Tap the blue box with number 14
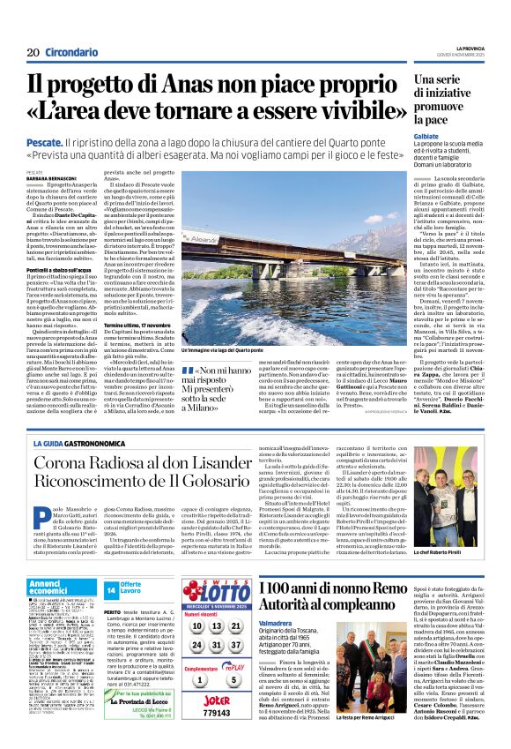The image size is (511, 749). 111,590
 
